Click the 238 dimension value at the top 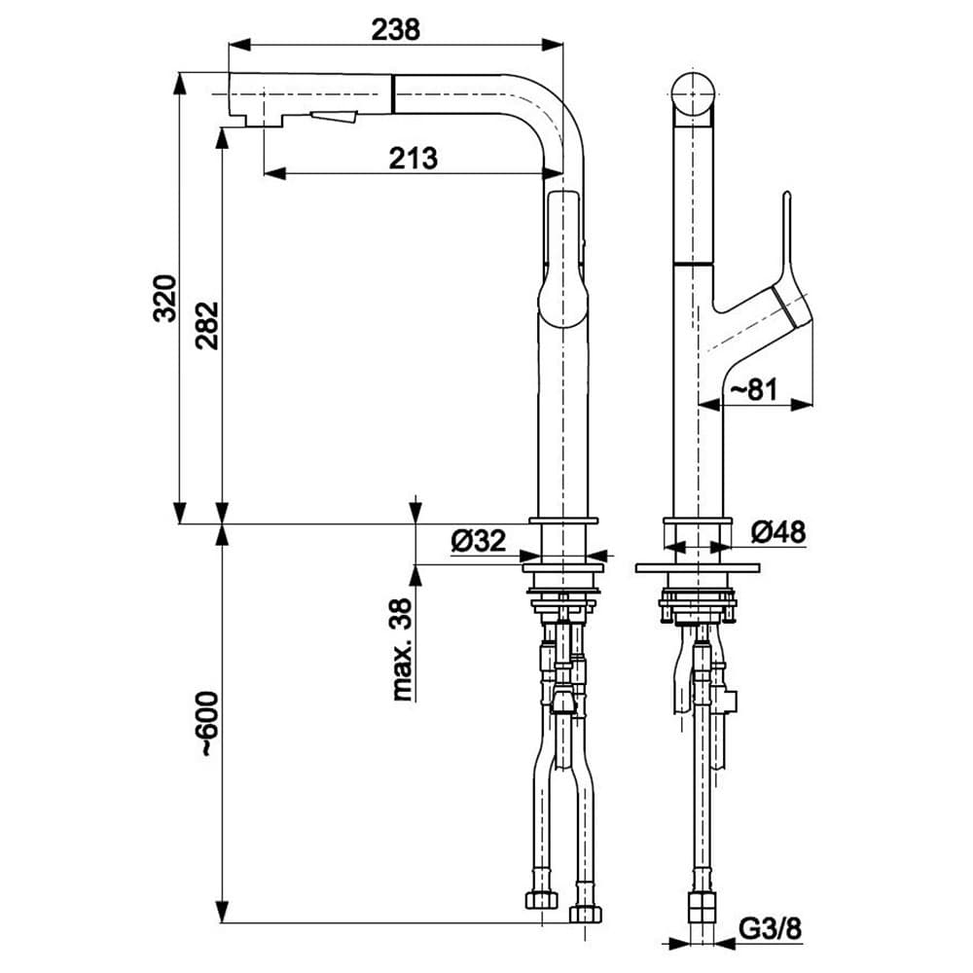(x=395, y=30)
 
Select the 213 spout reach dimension (x=414, y=157)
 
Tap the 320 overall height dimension (x=165, y=298)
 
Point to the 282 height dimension (x=207, y=325)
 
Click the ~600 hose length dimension (x=207, y=724)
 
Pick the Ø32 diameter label (x=479, y=541)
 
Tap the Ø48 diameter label (x=779, y=531)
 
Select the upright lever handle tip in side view (x=786, y=199)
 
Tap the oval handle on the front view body (x=563, y=258)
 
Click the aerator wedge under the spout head (x=334, y=118)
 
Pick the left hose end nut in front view (x=540, y=900)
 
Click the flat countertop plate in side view (x=697, y=567)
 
